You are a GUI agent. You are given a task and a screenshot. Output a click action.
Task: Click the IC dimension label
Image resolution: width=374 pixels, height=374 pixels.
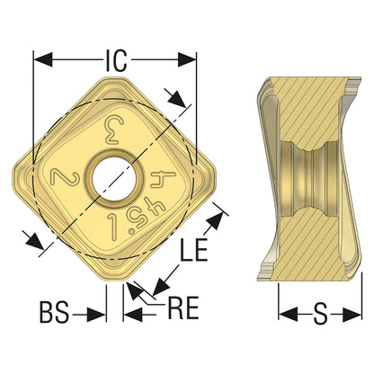coord(117,60)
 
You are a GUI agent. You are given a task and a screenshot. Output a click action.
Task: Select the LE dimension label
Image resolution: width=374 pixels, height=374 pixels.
coord(193,250)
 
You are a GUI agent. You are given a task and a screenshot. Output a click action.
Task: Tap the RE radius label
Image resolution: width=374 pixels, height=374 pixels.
coord(183,307)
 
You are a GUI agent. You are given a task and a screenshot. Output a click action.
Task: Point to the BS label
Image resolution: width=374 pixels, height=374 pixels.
coord(55,313)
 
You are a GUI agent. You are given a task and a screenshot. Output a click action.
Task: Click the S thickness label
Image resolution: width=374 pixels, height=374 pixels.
coord(320,314)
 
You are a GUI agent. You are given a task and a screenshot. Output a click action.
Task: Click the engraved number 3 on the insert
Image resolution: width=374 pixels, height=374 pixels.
coord(113,130)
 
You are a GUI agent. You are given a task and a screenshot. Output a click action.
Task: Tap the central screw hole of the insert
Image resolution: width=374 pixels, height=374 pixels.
coord(114,181)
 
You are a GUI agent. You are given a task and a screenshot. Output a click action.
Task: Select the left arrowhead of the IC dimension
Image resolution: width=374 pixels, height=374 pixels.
coord(43,59)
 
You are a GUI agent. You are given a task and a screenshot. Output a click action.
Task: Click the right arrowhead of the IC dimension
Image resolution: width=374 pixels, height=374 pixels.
coord(187,59)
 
